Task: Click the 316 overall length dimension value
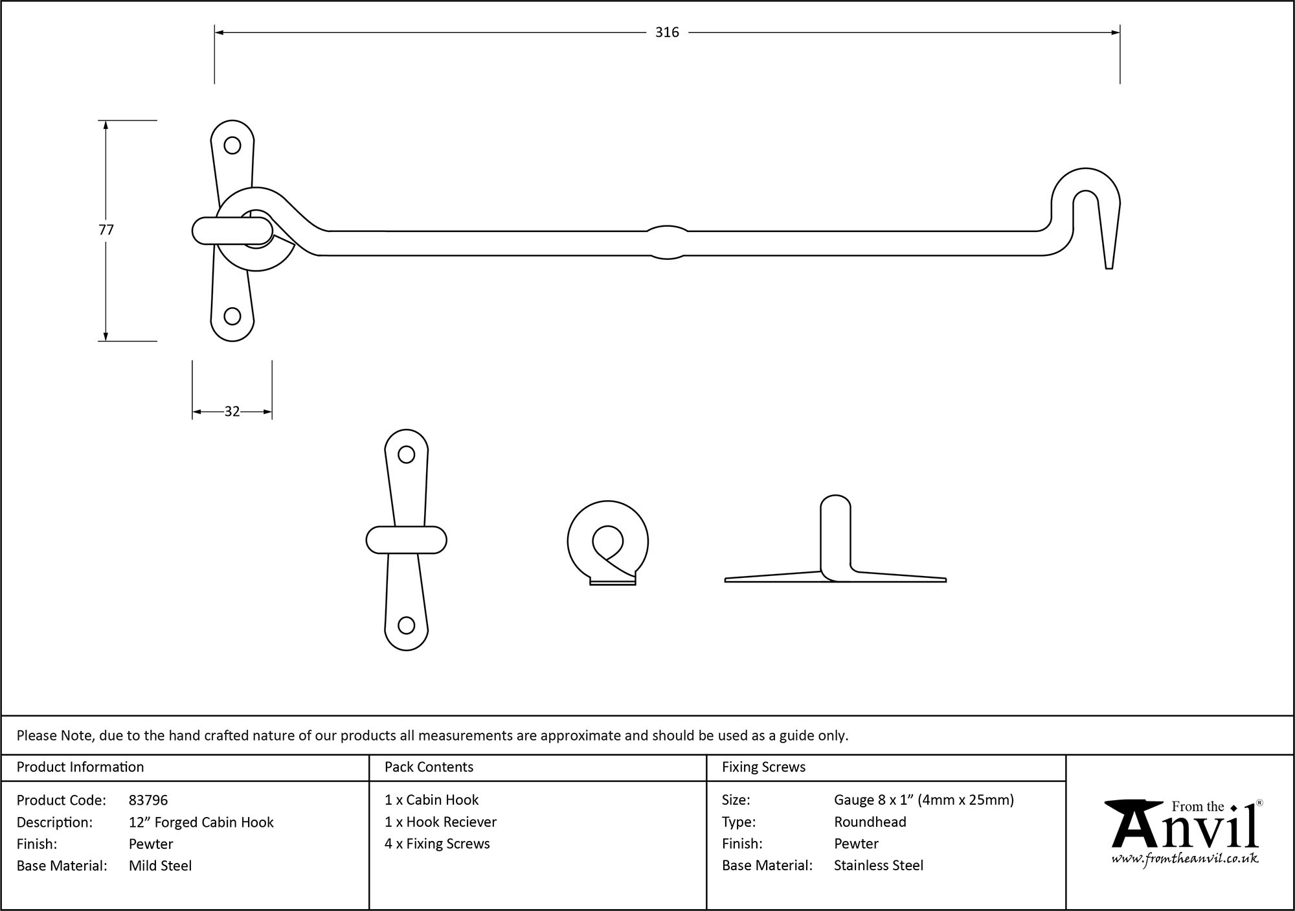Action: point(666,32)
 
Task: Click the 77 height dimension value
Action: point(106,229)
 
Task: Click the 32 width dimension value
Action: point(232,411)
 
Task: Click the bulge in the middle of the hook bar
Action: point(667,242)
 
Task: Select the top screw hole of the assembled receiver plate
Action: point(232,145)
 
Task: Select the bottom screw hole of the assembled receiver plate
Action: point(232,316)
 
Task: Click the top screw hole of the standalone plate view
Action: point(406,455)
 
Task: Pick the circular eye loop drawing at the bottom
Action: point(607,542)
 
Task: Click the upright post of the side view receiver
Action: point(835,535)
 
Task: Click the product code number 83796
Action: point(148,800)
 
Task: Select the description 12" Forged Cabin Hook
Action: point(201,822)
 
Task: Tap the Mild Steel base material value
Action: point(160,866)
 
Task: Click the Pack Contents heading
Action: point(429,767)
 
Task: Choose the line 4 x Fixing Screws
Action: point(437,844)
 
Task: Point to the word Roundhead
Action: point(870,822)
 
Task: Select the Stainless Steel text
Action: point(878,866)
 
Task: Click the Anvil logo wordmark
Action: point(1185,829)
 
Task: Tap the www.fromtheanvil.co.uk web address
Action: point(1185,859)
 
